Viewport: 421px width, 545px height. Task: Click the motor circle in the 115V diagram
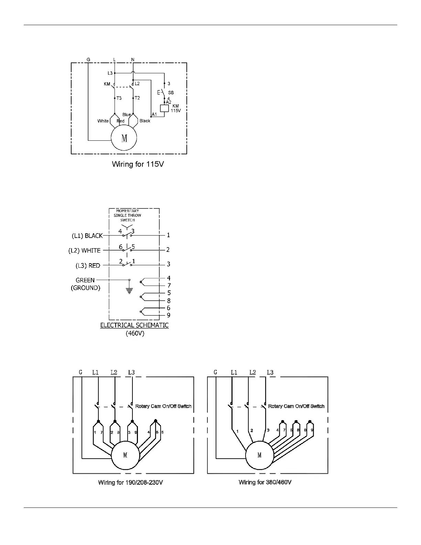coord(124,138)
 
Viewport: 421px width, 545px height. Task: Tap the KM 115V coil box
coord(164,108)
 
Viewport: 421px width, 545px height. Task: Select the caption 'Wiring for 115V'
coord(138,164)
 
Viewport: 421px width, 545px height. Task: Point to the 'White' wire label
coord(103,121)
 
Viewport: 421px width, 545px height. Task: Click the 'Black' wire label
coord(145,121)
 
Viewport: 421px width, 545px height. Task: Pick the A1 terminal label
coord(154,114)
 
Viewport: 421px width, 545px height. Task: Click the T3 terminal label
coord(119,98)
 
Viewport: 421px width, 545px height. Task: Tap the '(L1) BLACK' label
coord(87,236)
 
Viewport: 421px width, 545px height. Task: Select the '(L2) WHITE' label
coord(85,250)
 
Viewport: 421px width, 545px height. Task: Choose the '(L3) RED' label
coord(88,266)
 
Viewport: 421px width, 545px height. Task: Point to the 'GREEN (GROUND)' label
coord(85,284)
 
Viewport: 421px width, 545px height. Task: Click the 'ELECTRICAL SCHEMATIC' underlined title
coord(134,325)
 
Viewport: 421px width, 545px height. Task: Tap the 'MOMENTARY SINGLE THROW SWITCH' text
coord(127,215)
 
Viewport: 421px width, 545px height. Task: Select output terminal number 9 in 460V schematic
coord(169,315)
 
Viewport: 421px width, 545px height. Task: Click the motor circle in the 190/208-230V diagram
coord(125,455)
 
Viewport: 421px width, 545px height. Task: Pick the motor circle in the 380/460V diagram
coord(259,455)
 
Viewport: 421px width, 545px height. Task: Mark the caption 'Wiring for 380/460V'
coord(265,482)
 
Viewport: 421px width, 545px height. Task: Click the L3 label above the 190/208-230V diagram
coord(131,372)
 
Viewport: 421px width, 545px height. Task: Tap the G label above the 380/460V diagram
coord(215,372)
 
